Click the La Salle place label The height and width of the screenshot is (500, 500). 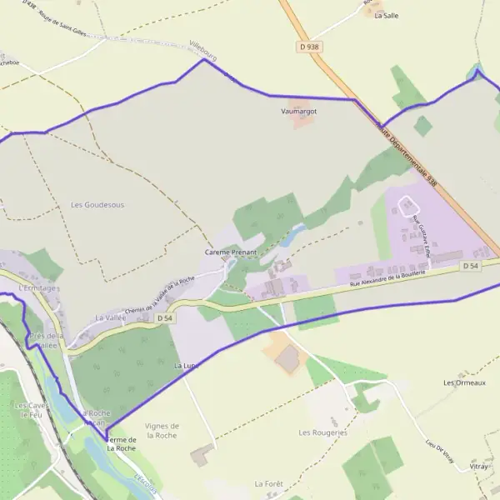[x=386, y=15]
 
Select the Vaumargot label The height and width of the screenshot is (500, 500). [x=299, y=110]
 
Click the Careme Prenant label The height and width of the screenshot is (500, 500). [x=231, y=252]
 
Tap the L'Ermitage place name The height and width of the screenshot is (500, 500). [x=36, y=288]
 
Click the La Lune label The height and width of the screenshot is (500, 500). [x=186, y=366]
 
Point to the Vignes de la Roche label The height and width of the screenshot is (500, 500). [x=162, y=430]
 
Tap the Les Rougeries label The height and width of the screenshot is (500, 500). [x=322, y=432]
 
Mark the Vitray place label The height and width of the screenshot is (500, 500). [x=479, y=467]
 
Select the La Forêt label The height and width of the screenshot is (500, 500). [x=268, y=483]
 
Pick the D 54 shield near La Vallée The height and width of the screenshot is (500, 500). [x=164, y=318]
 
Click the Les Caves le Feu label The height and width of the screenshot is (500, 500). [x=28, y=409]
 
